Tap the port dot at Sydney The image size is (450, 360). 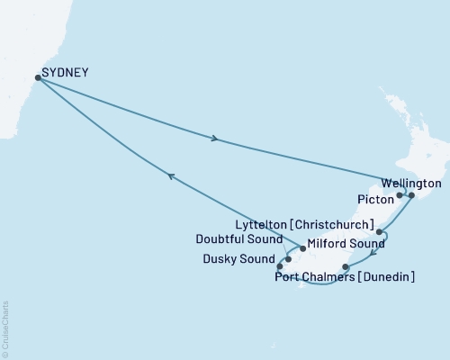37,77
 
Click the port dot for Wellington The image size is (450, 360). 411,194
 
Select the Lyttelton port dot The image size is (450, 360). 380,232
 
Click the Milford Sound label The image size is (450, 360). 338,243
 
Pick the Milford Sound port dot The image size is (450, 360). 302,247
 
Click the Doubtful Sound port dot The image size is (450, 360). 288,259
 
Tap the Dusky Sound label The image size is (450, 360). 238,260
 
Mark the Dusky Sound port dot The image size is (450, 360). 280,266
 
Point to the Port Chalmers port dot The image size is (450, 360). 346,266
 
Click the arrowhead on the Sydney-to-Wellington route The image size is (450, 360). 214,139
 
